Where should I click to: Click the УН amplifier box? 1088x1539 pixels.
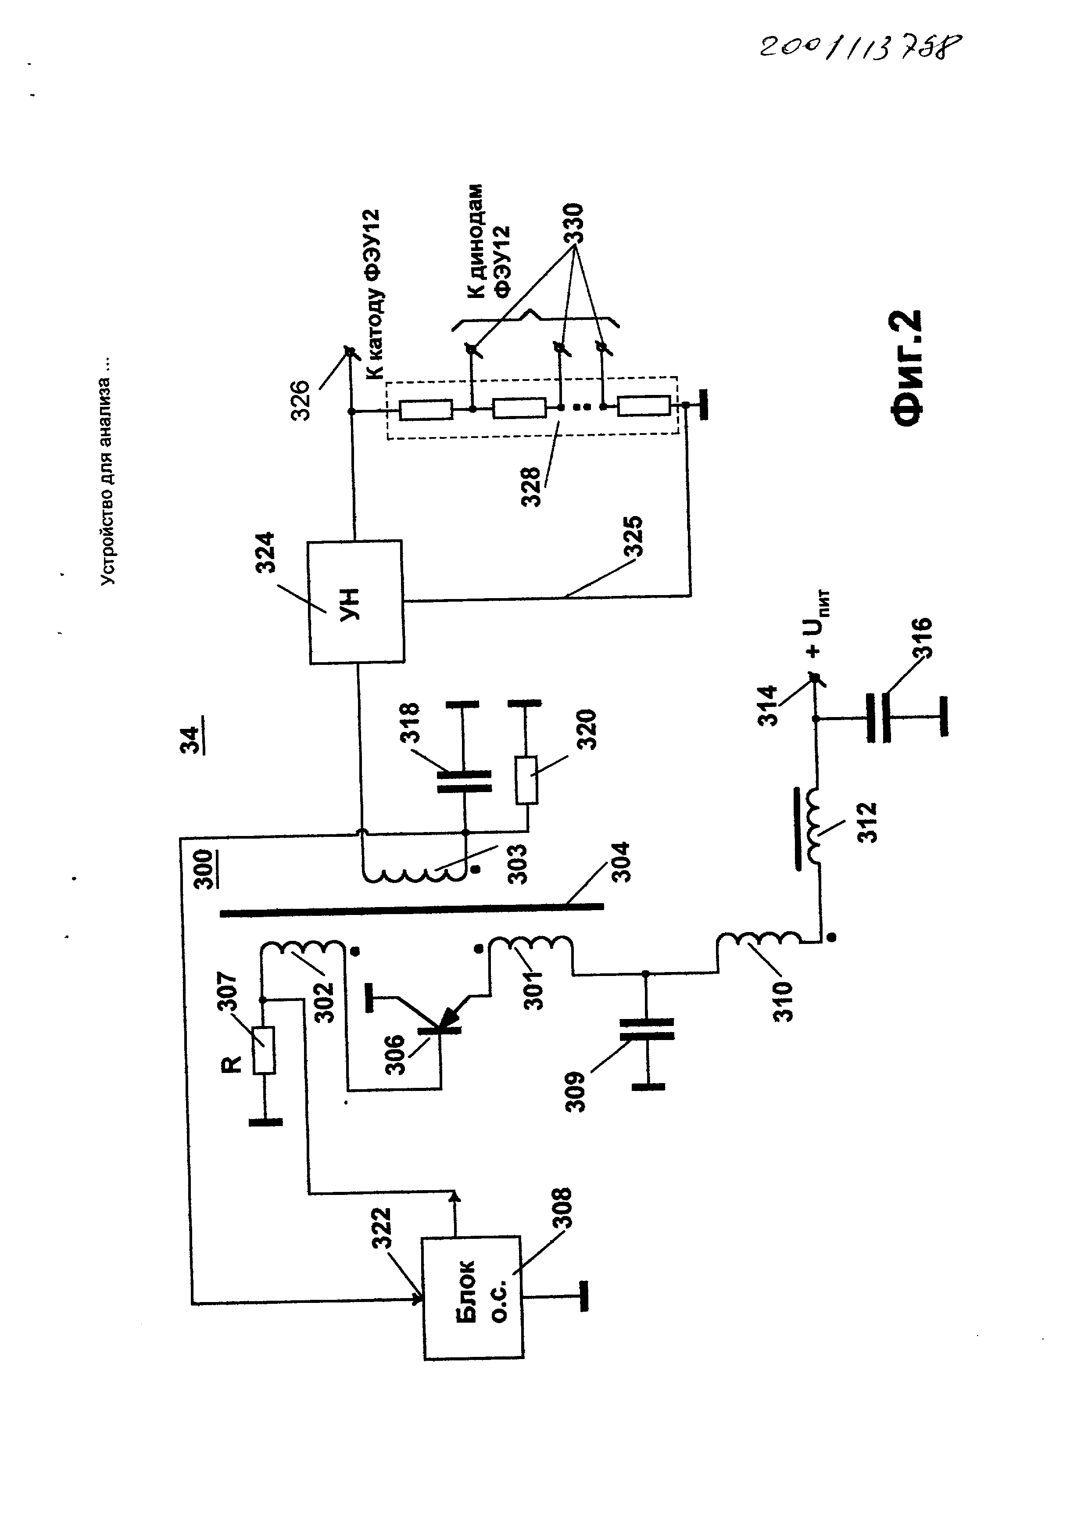[x=356, y=601]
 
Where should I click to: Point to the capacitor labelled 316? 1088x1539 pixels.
[x=879, y=718]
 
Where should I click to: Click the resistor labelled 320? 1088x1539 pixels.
[x=526, y=780]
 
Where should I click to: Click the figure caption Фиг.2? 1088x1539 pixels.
[x=909, y=368]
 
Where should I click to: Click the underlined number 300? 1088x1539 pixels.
[x=204, y=869]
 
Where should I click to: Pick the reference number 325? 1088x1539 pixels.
[x=633, y=535]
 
